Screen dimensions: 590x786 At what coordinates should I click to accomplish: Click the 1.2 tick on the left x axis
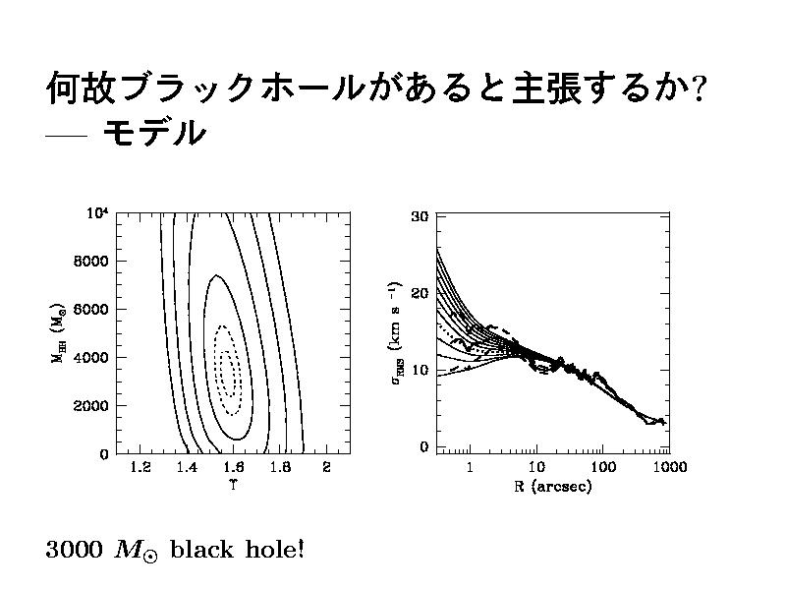point(140,468)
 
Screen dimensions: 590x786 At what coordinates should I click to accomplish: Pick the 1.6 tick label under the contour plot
point(233,468)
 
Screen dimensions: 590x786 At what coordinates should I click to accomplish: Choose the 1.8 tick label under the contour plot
point(280,468)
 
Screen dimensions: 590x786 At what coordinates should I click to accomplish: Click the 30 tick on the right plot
point(420,216)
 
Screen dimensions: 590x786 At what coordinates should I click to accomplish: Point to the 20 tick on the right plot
point(420,293)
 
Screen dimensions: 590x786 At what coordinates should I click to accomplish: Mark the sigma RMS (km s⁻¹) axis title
point(396,332)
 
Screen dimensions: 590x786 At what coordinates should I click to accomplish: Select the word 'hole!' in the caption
point(273,549)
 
